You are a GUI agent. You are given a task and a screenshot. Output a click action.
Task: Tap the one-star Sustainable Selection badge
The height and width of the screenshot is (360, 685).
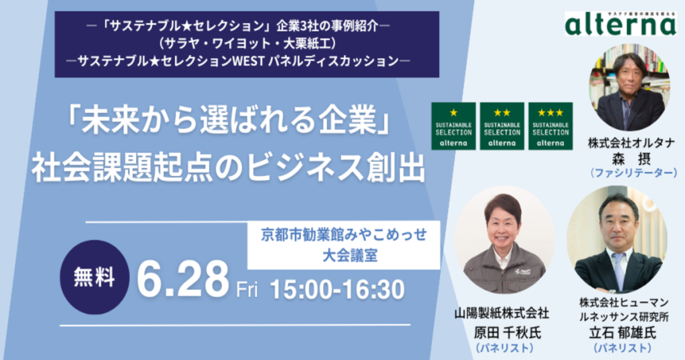pos(454,126)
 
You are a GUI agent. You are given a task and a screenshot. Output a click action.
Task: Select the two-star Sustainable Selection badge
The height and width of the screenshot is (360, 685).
pos(502,126)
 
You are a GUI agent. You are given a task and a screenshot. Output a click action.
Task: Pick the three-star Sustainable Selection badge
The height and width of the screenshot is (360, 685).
pos(551,126)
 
